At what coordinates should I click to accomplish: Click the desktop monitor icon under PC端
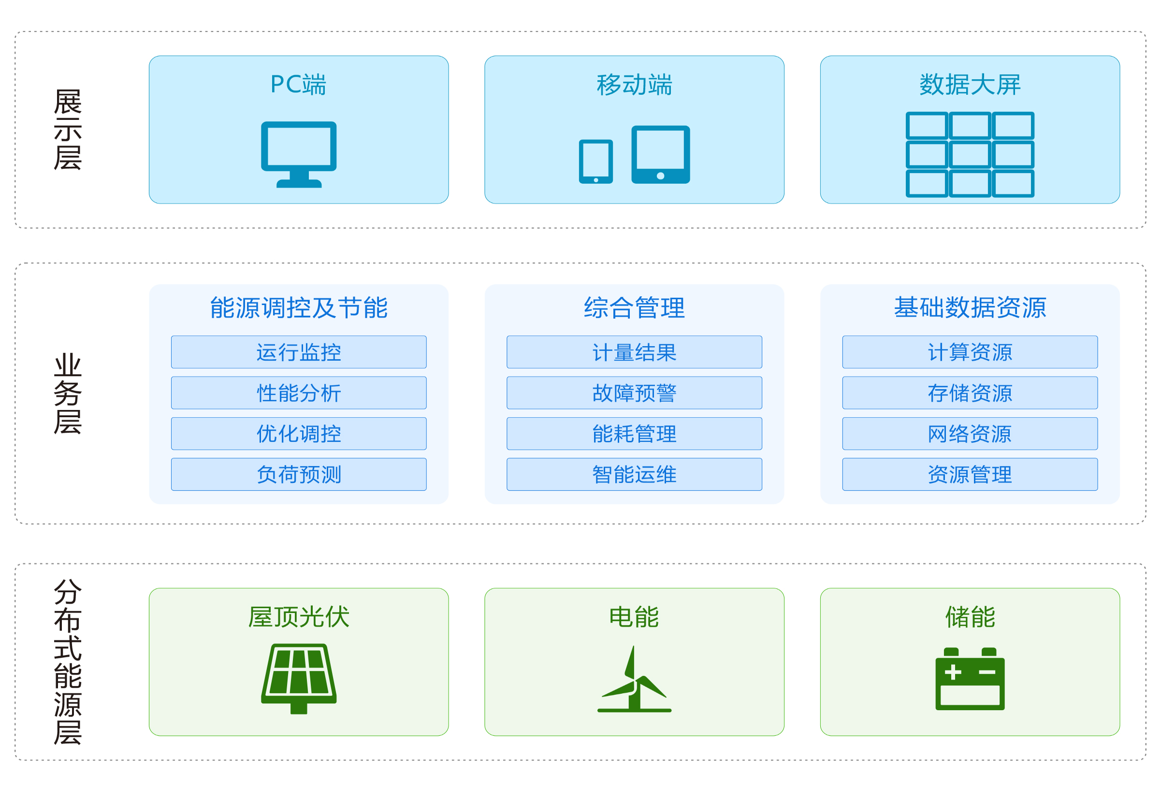pos(298,153)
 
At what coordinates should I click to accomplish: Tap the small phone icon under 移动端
pos(595,161)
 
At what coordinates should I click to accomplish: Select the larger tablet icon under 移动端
pos(660,154)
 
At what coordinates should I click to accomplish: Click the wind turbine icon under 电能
pos(634,679)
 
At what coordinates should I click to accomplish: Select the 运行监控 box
pos(298,351)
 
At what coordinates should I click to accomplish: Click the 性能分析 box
pos(298,393)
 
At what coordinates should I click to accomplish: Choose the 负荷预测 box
pos(298,474)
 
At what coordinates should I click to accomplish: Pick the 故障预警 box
pos(634,393)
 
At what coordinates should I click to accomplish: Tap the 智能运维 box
pos(634,474)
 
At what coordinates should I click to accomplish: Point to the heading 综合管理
pos(634,307)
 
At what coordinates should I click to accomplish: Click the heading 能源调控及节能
pos(298,307)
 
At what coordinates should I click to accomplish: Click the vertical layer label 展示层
pos(67,130)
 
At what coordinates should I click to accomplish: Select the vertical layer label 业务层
pos(67,394)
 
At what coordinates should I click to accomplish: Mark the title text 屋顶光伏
pos(298,616)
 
